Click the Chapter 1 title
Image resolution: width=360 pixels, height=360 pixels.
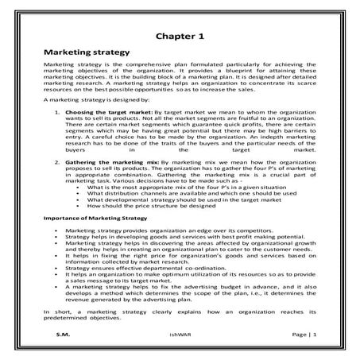pyautogui.click(x=180, y=37)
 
